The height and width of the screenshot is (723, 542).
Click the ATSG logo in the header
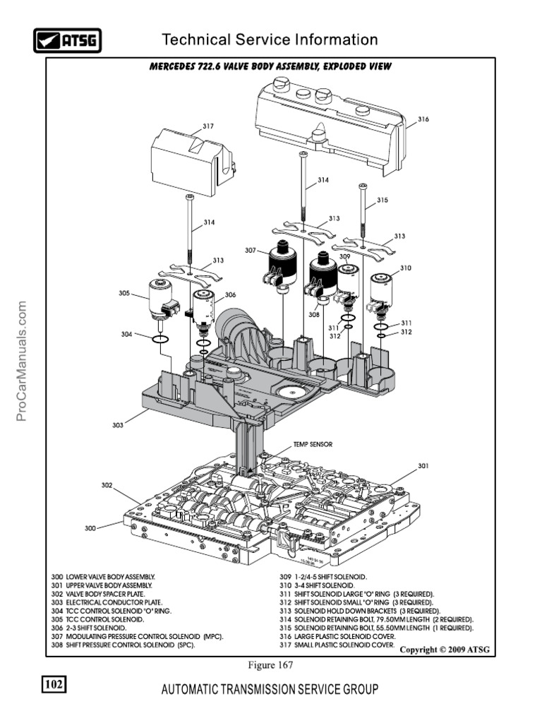click(x=67, y=40)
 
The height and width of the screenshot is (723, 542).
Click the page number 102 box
click(x=54, y=685)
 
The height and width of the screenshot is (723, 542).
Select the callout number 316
click(x=422, y=120)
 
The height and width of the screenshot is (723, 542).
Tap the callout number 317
click(x=208, y=126)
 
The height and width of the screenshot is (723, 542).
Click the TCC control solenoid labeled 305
click(x=159, y=301)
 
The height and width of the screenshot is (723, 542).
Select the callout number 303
click(x=118, y=425)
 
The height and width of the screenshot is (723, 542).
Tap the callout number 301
click(x=423, y=466)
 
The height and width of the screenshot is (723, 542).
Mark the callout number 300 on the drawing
click(x=90, y=528)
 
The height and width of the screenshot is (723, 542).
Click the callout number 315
click(x=382, y=200)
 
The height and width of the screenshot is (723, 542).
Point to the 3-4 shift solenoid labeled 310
click(x=384, y=289)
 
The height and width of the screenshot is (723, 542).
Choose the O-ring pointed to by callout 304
click(x=160, y=340)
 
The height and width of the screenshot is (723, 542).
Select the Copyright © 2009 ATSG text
click(x=444, y=650)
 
